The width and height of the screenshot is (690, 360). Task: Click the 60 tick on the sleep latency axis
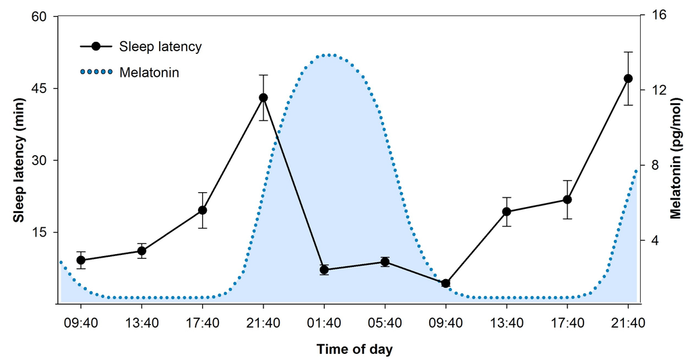pos(42,16)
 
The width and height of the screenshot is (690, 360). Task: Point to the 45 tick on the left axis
pos(42,88)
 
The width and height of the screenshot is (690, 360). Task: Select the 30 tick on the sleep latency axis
pos(42,160)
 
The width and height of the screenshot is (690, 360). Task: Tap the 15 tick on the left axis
pos(42,232)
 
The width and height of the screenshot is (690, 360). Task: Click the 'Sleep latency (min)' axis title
pos(19,160)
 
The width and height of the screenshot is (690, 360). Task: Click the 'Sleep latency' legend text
pos(160,47)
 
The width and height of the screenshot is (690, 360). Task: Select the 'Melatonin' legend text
pos(149,71)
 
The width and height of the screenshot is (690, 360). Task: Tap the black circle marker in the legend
pos(96,47)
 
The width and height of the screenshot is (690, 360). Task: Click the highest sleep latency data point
pos(628,78)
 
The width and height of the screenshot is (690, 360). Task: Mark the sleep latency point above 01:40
pos(324,270)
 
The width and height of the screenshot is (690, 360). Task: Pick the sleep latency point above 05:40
pos(385,262)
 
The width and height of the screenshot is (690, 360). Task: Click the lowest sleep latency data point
pos(445,283)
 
